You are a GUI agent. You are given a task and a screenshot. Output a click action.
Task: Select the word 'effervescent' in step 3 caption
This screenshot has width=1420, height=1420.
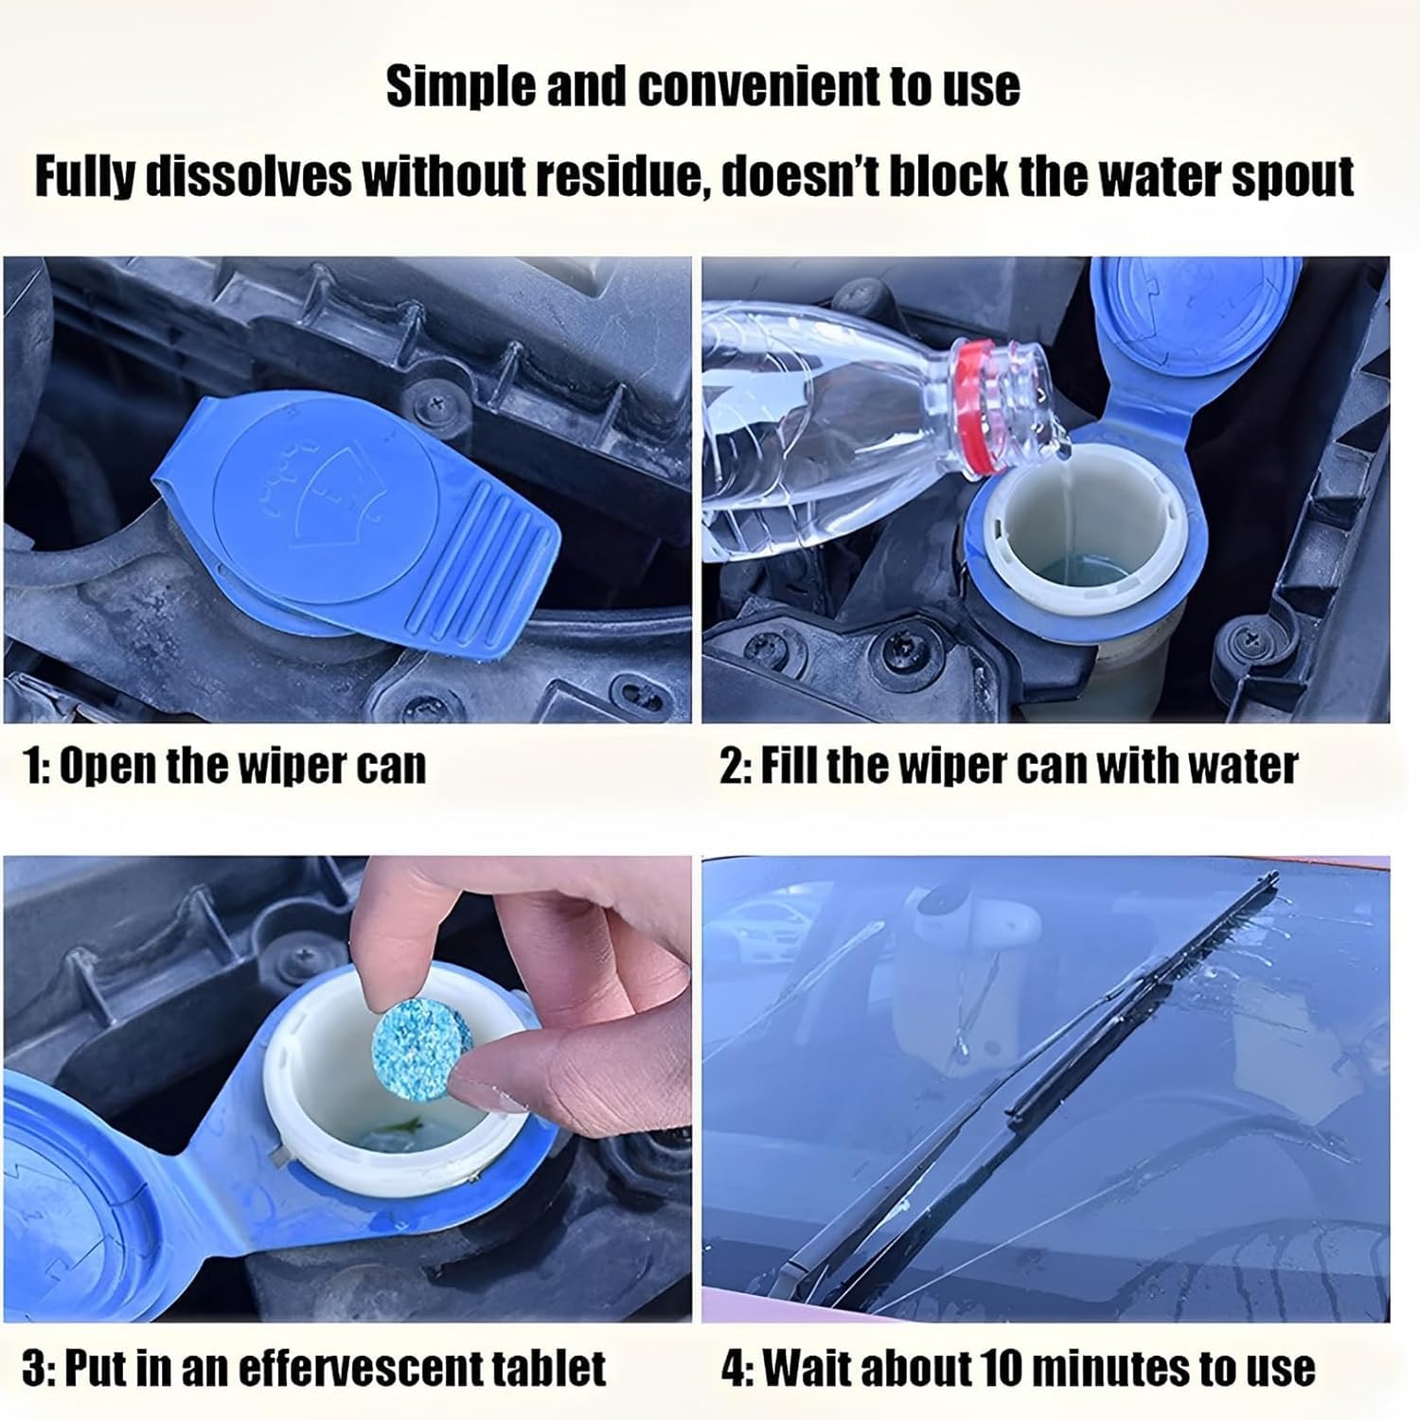[x=356, y=1368]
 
